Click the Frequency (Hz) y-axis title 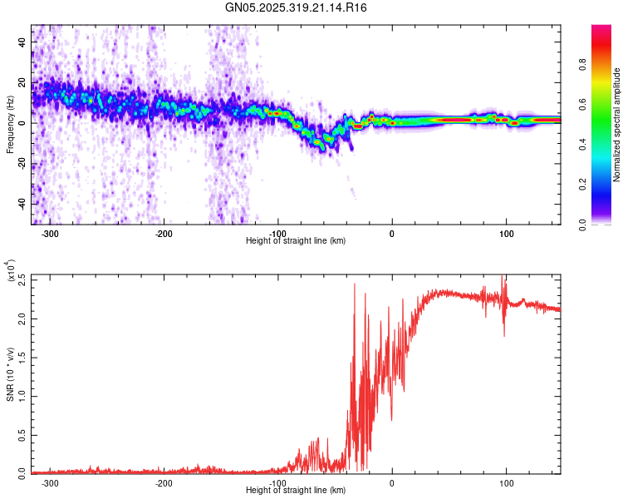tap(10, 126)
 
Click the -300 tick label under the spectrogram tap(50, 234)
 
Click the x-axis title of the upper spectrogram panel tap(297, 241)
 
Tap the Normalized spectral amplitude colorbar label tap(617, 126)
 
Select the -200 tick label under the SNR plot tap(164, 483)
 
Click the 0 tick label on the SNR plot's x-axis tap(392, 483)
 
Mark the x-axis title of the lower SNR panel tap(297, 491)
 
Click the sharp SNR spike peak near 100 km tap(502, 277)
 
